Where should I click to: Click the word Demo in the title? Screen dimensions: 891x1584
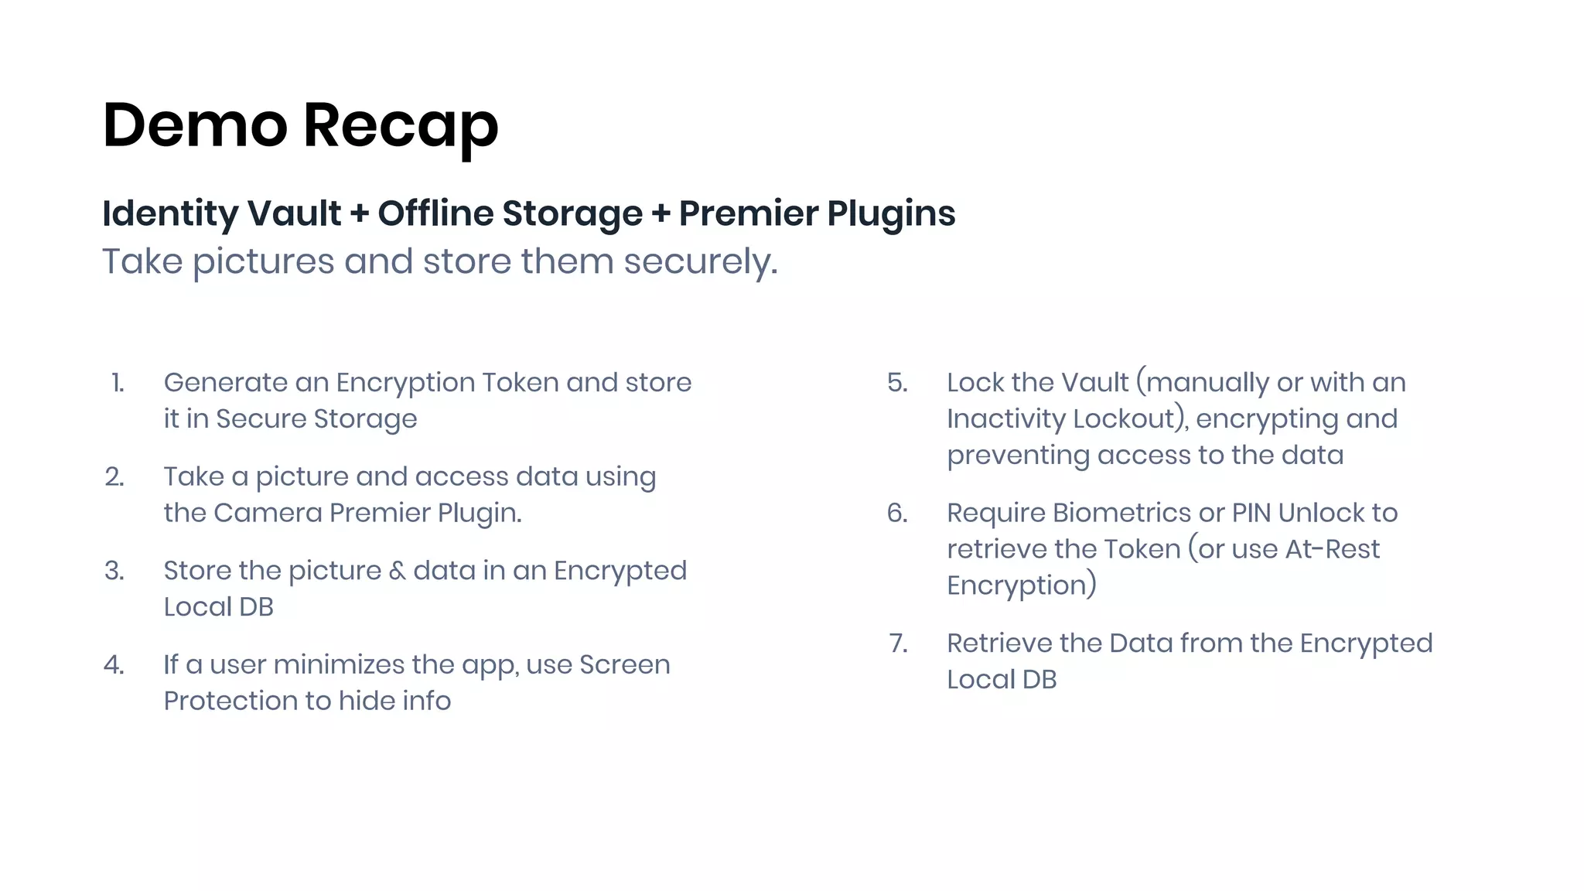click(195, 125)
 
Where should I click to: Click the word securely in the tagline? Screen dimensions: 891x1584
click(699, 262)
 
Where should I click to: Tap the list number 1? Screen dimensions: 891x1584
click(118, 383)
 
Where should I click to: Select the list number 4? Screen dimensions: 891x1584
click(114, 664)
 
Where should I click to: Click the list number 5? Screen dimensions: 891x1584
click(897, 383)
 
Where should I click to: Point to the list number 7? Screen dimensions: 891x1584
click(898, 643)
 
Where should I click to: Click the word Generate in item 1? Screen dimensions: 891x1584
click(226, 384)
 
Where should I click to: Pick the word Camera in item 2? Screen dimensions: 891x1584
click(268, 513)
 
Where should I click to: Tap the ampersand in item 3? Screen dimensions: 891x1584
click(397, 571)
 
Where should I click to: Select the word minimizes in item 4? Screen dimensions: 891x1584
click(339, 664)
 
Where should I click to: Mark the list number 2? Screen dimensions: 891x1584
click(114, 477)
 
